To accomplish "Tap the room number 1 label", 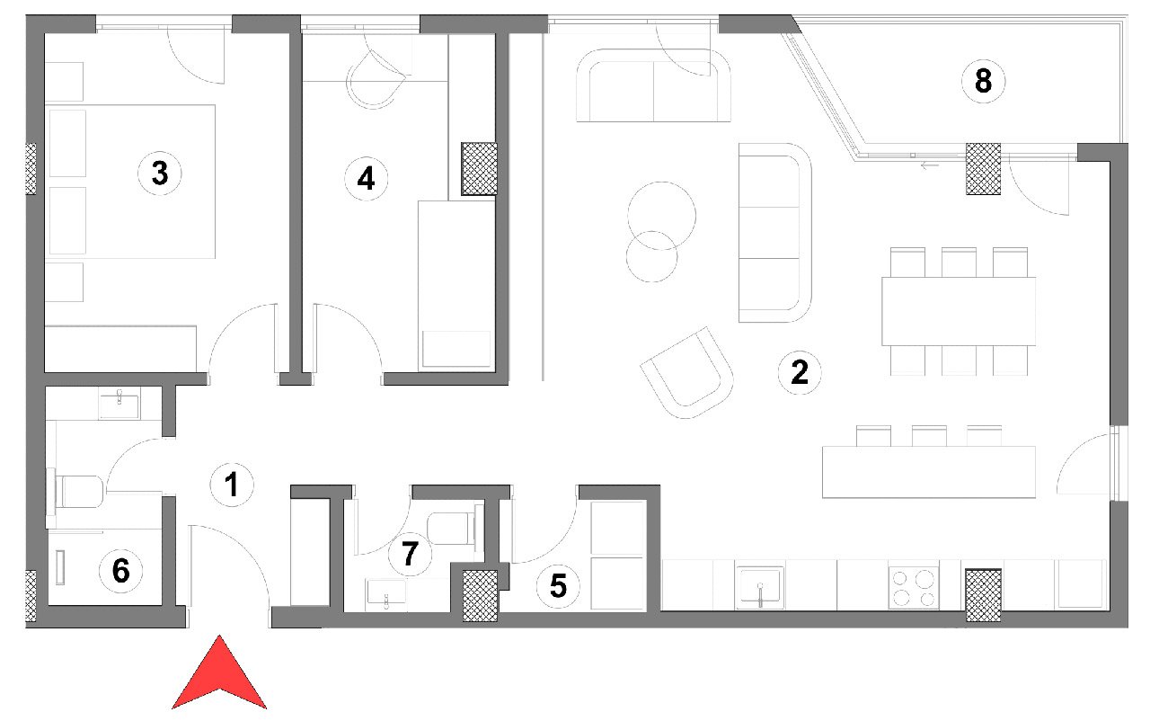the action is coord(232,485).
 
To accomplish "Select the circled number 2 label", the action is coord(800,372).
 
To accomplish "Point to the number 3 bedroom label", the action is coord(160,174).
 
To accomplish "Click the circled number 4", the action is coord(366,179).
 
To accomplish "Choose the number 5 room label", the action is coord(558,586).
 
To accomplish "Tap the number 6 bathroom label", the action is coord(121,571).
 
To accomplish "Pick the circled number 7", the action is coord(410,554).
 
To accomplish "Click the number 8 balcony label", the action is coord(983,81).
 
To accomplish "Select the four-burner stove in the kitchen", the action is coord(914,587).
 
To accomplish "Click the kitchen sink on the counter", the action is coord(760,587).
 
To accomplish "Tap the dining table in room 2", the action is coord(959,311).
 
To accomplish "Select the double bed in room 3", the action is coord(130,182).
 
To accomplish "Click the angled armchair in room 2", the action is coord(687,373).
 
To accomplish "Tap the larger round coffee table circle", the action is coord(662,216).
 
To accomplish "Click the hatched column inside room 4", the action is coord(480,169).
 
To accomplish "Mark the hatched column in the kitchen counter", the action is coord(983,595).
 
